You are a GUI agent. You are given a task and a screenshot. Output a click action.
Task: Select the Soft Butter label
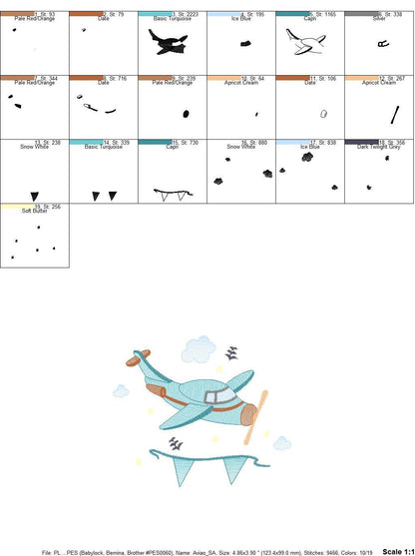pyautogui.click(x=35, y=211)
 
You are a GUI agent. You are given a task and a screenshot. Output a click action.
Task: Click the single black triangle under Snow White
pyautogui.click(x=35, y=194)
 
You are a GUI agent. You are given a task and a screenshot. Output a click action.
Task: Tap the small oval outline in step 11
pyautogui.click(x=323, y=115)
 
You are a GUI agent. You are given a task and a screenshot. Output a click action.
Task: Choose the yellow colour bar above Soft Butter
pyautogui.click(x=35, y=205)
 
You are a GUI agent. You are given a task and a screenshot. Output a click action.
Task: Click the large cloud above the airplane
pyautogui.click(x=199, y=348)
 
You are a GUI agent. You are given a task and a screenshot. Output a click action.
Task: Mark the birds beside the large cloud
pyautogui.click(x=232, y=351)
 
